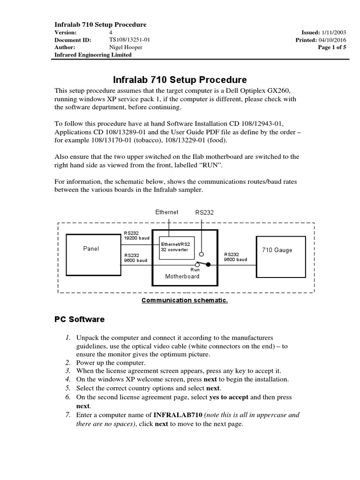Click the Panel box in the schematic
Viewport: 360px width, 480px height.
tap(91, 249)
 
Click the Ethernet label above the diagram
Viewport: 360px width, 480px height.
tap(167, 212)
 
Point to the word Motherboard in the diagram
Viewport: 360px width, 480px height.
tap(182, 276)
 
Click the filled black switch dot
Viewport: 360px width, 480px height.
tap(209, 265)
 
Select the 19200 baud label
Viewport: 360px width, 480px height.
tap(136, 238)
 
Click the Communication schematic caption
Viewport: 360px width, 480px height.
tap(184, 300)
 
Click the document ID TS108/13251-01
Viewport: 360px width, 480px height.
tap(130, 40)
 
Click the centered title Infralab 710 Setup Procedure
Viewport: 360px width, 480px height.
tap(180, 80)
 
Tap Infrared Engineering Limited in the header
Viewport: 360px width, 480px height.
tap(93, 55)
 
